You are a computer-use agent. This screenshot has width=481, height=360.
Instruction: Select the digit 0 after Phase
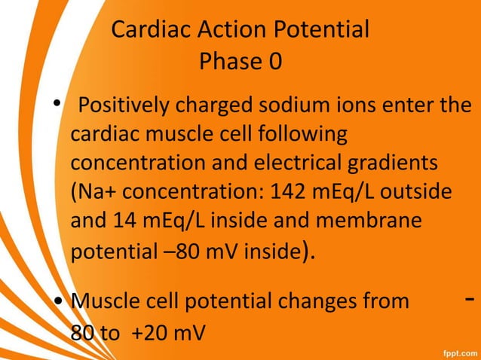[x=274, y=62]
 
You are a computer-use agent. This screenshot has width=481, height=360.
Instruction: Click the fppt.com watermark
[x=457, y=350]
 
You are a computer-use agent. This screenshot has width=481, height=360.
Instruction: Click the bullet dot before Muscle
[x=57, y=302]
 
